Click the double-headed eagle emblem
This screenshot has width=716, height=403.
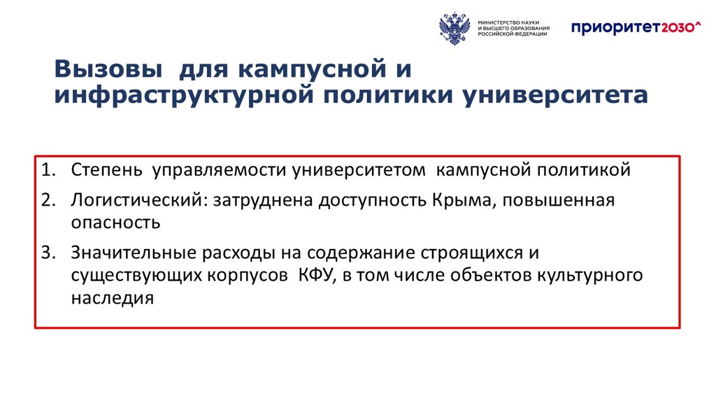pyautogui.click(x=454, y=28)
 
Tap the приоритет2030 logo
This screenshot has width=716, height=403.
pyautogui.click(x=636, y=27)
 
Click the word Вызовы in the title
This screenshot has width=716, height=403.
pyautogui.click(x=108, y=69)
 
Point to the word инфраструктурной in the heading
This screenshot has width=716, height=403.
pyautogui.click(x=184, y=95)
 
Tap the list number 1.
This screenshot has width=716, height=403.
pyautogui.click(x=48, y=169)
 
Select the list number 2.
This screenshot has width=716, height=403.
pyautogui.click(x=48, y=199)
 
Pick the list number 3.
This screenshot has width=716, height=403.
pyautogui.click(x=48, y=252)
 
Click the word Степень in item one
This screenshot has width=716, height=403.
pyautogui.click(x=107, y=169)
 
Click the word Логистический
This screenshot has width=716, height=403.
pyautogui.click(x=136, y=200)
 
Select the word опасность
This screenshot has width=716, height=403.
pyautogui.click(x=116, y=222)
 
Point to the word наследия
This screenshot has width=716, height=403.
pyautogui.click(x=113, y=298)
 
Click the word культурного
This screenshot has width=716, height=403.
pyautogui.click(x=590, y=276)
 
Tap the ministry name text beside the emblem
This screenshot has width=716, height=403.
pyautogui.click(x=514, y=28)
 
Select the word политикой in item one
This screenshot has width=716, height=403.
pyautogui.click(x=584, y=170)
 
